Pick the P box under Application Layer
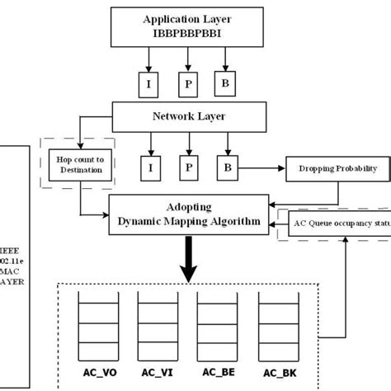pos(187,83)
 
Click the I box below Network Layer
pos(150,169)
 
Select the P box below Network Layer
pos(189,169)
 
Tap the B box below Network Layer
pos(228,169)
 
